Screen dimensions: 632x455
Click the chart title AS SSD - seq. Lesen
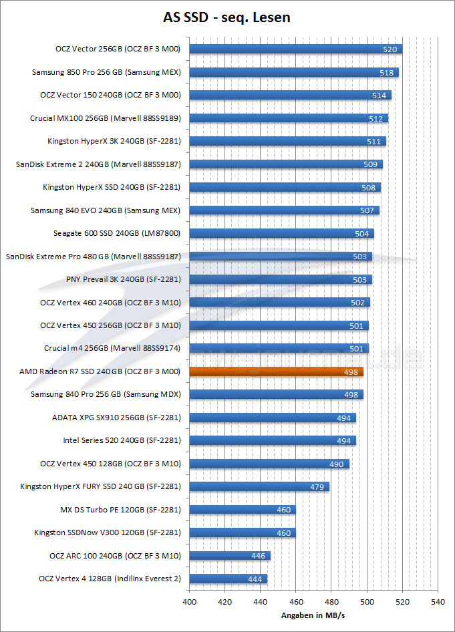[x=227, y=18]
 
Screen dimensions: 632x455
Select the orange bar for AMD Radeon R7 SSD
[x=277, y=371]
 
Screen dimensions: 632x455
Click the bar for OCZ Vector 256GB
[x=295, y=49]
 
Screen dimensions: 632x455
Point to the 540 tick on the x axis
[x=438, y=601]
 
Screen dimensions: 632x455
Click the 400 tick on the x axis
[x=190, y=601]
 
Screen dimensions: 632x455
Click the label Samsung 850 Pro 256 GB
[x=106, y=72]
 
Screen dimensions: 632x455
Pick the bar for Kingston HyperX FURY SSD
[x=259, y=486]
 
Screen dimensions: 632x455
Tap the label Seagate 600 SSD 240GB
[x=117, y=233]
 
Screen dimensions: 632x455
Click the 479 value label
[x=317, y=487]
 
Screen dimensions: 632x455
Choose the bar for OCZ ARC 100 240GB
[x=230, y=556]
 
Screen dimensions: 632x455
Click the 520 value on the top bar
[x=390, y=49]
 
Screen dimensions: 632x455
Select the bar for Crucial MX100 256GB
[x=289, y=118]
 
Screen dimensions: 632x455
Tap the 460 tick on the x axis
[x=296, y=601]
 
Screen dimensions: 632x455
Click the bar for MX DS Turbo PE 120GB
[x=243, y=510]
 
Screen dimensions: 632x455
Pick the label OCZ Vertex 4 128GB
[x=110, y=579]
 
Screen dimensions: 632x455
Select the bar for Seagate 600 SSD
[x=281, y=233]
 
